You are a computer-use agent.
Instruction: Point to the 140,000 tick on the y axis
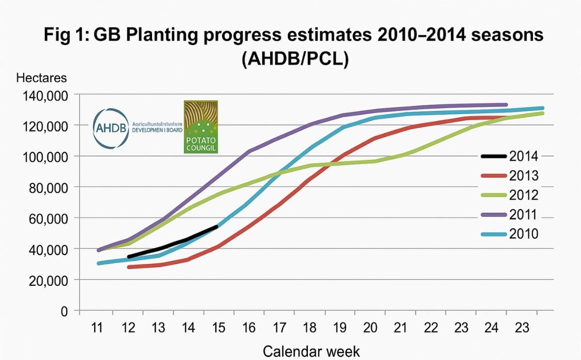click(x=45, y=95)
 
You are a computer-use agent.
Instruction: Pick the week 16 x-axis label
click(x=249, y=328)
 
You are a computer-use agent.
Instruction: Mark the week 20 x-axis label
click(x=371, y=328)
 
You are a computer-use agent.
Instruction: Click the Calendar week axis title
click(x=311, y=350)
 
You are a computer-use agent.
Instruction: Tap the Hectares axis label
click(x=41, y=78)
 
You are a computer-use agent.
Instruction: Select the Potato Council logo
click(x=200, y=127)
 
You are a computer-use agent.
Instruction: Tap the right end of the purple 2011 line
click(x=505, y=105)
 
